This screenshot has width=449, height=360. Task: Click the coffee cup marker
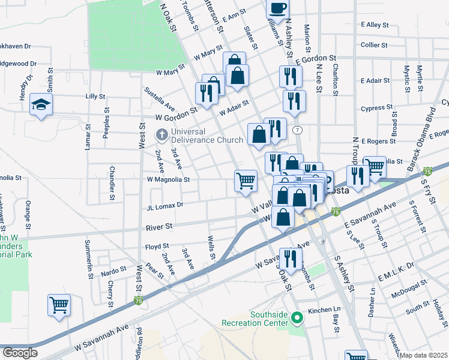[x=278, y=8]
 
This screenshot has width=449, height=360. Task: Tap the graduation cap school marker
[x=41, y=104]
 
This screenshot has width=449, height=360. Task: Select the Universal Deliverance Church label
[x=206, y=136]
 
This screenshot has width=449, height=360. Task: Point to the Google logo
[x=20, y=353]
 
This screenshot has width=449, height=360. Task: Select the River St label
[x=160, y=227]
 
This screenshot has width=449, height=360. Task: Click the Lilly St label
[x=95, y=96]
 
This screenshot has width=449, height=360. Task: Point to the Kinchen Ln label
[x=324, y=310]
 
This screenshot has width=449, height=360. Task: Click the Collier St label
[x=375, y=44]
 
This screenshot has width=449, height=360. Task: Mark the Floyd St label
[x=157, y=247]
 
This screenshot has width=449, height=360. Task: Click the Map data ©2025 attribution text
[x=423, y=355]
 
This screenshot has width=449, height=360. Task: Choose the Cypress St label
[x=376, y=108]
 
